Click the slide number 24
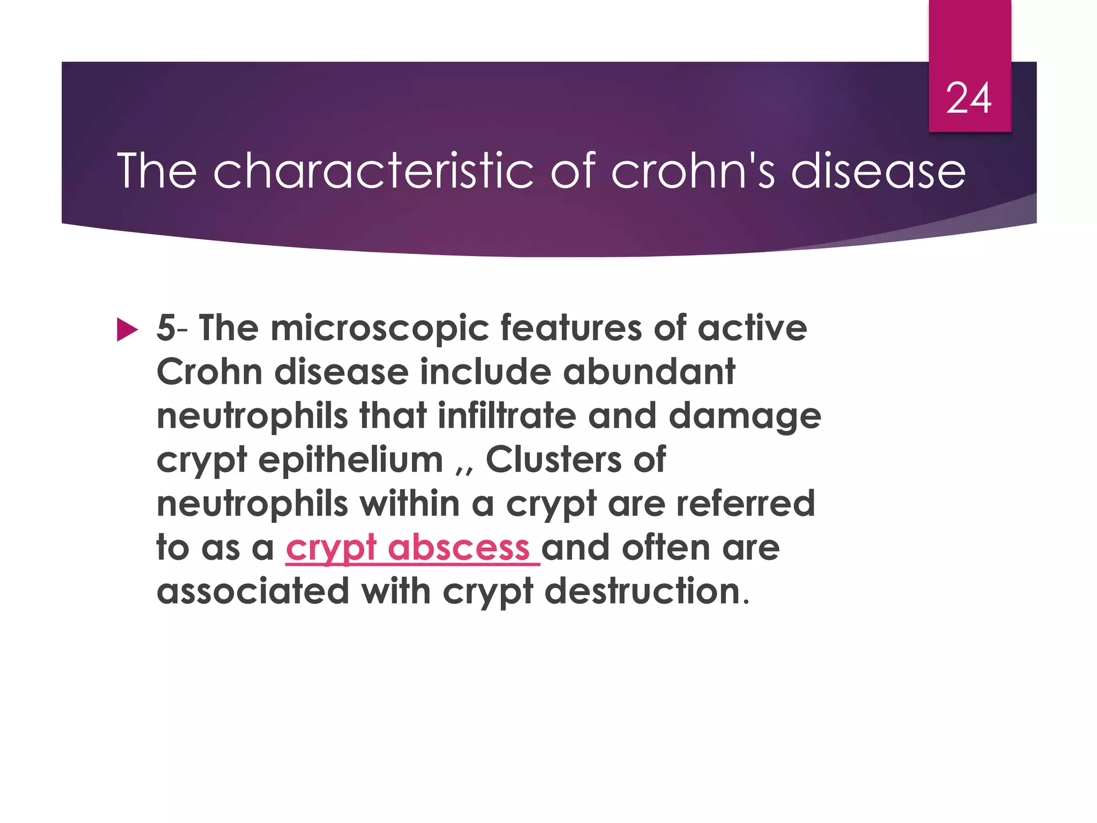[968, 99]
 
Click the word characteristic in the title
[373, 171]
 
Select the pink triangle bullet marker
[127, 330]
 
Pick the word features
[570, 327]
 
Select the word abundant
[649, 371]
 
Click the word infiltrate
[507, 415]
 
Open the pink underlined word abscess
[459, 548]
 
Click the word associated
[253, 591]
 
